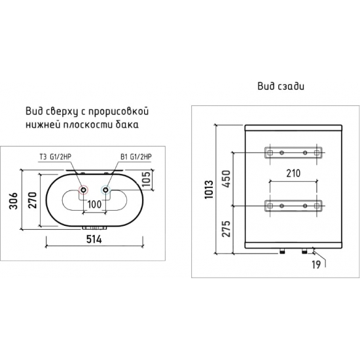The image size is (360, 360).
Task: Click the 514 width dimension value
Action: click(94, 240)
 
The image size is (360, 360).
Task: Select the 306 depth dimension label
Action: click(13, 201)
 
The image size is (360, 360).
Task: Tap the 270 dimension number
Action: click(32, 200)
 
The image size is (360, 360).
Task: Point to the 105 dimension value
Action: click(146, 179)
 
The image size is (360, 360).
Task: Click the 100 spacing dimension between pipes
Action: click(94, 204)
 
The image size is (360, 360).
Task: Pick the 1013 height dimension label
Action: click(209, 190)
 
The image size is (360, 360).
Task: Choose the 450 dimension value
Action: click(226, 179)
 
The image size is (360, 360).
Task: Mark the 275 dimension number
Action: click(226, 228)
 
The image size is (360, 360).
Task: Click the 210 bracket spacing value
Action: click(293, 173)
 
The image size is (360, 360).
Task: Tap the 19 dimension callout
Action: click(316, 264)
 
